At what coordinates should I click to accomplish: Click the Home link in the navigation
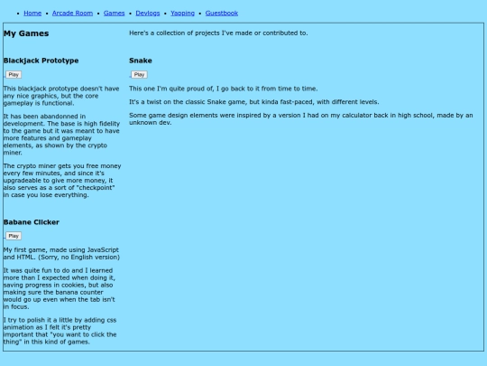(x=32, y=14)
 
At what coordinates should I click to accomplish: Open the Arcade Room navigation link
(x=72, y=14)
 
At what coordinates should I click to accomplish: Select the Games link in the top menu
(x=114, y=14)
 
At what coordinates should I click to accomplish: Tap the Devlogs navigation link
(x=148, y=14)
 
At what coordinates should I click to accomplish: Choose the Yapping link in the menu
(x=182, y=14)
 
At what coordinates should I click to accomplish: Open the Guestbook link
(x=222, y=14)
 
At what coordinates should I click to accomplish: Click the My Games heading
(x=26, y=33)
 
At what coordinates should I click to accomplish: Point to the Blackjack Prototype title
(x=41, y=61)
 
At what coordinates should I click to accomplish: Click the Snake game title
(x=141, y=61)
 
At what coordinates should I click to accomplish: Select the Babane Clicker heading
(x=32, y=221)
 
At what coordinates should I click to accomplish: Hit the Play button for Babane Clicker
(x=14, y=236)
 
